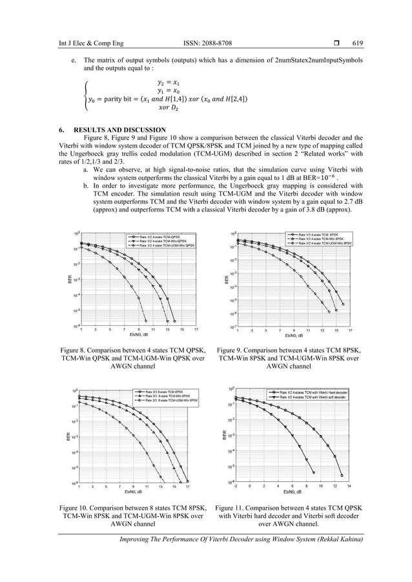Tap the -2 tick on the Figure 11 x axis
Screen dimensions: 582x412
(x=236, y=487)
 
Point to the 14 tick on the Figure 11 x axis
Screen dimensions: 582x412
(x=349, y=487)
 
